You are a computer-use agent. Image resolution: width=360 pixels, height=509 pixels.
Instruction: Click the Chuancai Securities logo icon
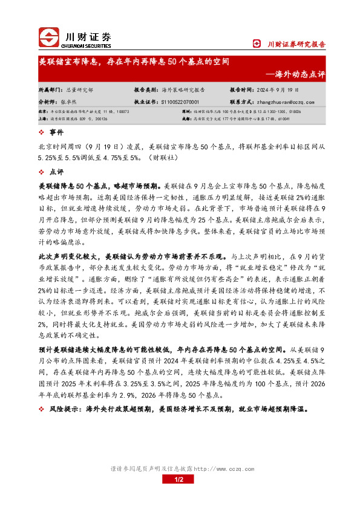[x=48, y=37]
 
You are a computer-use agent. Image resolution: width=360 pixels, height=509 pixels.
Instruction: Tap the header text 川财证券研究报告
[x=296, y=44]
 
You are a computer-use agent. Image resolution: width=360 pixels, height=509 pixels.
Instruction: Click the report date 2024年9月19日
[x=281, y=89]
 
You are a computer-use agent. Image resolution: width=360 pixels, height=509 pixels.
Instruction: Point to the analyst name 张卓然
[x=74, y=102]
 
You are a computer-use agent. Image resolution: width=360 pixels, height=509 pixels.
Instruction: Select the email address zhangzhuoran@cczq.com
[x=286, y=102]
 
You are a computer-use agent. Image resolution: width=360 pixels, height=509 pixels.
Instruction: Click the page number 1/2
[x=179, y=479]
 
